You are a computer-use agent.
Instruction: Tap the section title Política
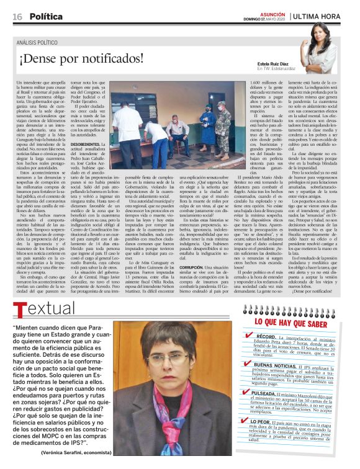[x=46, y=16]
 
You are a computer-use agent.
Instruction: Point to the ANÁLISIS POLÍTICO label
[x=40, y=43]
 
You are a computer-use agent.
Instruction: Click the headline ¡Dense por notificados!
[x=81, y=60]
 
